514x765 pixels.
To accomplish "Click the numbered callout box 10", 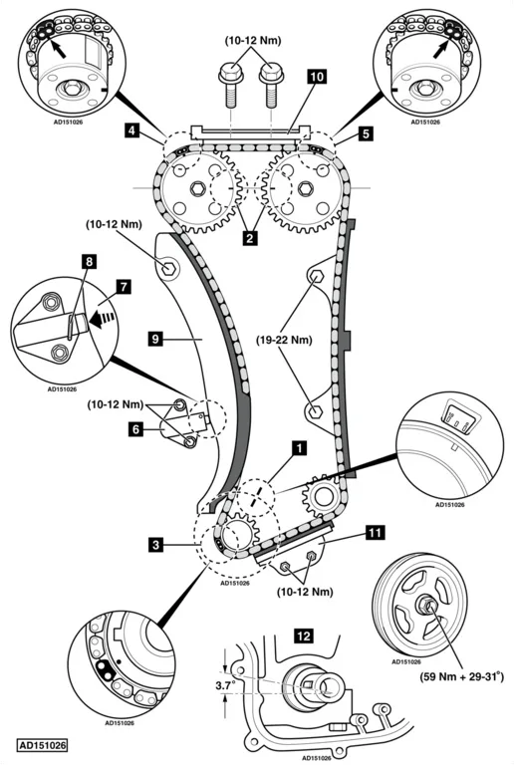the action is click(317, 77).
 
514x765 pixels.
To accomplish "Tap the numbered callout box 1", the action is click(300, 448).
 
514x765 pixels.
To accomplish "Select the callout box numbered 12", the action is click(304, 637).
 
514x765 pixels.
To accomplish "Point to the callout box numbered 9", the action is click(155, 338).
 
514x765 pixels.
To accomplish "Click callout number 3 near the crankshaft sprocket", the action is click(156, 545).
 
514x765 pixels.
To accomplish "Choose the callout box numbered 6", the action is click(136, 429).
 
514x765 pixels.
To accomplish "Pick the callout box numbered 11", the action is click(375, 533).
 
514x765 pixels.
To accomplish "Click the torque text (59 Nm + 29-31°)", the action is click(461, 676).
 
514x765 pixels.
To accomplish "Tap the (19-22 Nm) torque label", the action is click(284, 340).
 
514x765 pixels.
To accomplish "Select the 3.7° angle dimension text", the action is click(225, 685).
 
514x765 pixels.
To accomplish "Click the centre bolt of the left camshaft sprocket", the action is click(197, 188).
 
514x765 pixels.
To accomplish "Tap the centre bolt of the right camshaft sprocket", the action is click(305, 188).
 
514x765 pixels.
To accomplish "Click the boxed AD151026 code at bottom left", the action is click(42, 745).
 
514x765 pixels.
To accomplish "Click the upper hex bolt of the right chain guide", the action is click(317, 277).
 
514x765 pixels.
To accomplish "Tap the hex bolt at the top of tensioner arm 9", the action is click(168, 268).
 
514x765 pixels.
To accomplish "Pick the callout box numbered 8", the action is click(89, 262).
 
